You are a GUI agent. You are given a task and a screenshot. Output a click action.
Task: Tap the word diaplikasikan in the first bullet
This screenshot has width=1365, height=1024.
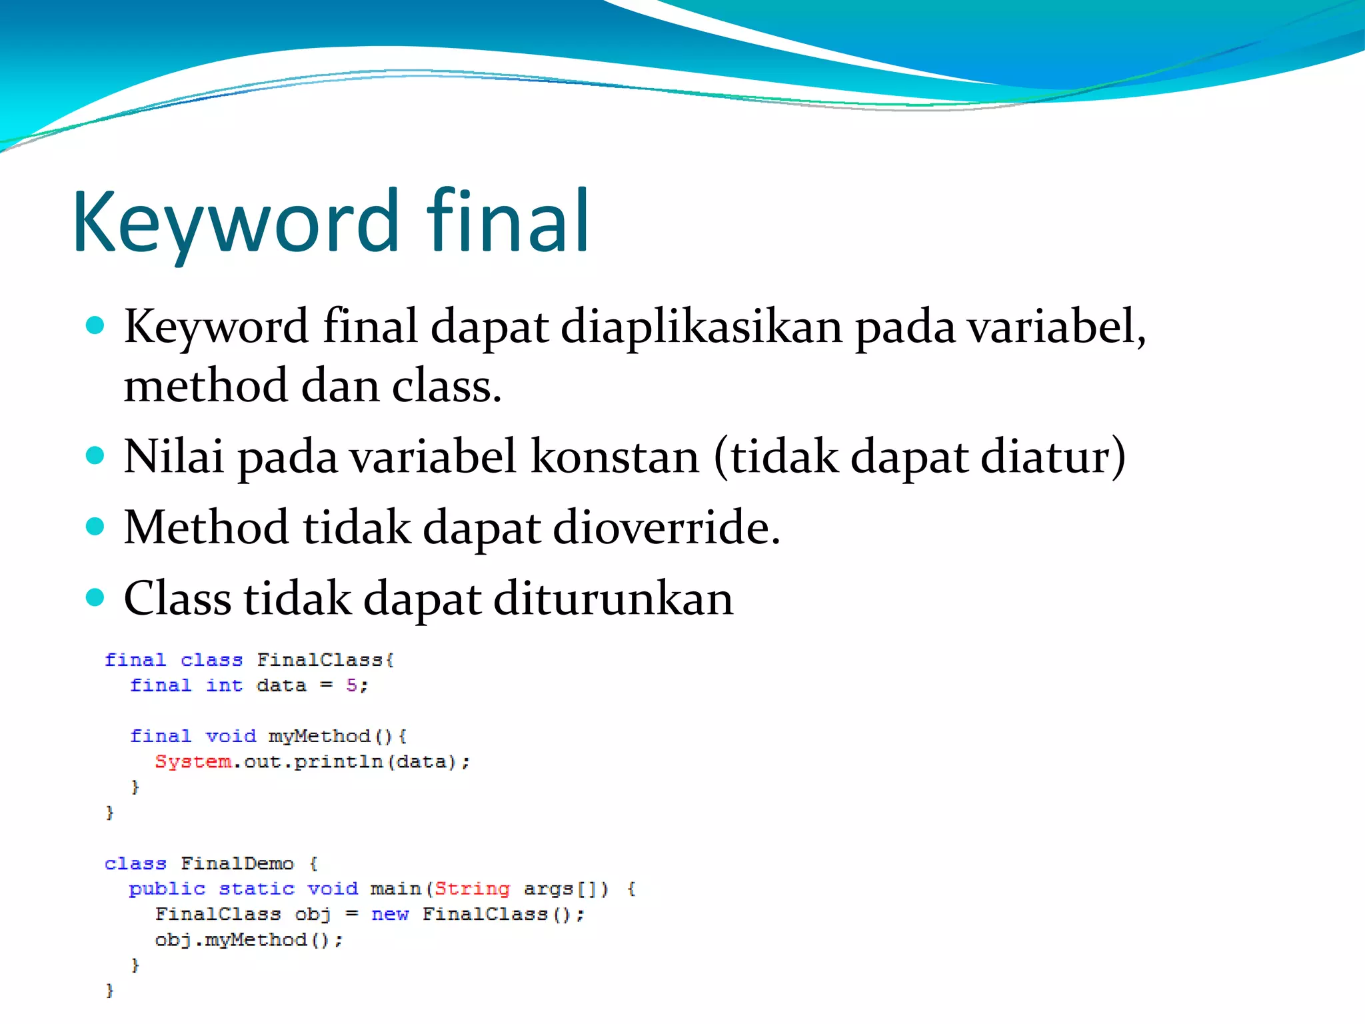701,327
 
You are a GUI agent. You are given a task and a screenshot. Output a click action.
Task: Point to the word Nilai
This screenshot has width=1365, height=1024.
174,457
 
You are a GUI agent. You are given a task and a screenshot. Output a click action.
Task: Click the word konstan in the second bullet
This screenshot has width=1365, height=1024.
615,457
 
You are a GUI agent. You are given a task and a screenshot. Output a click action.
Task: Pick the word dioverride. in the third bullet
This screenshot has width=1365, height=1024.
667,527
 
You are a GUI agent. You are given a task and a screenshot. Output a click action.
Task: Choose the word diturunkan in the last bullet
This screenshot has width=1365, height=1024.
613,598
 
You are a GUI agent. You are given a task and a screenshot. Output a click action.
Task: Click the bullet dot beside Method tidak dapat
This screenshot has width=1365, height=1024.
95,527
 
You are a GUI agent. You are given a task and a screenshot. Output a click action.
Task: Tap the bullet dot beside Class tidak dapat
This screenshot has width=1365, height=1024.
95,597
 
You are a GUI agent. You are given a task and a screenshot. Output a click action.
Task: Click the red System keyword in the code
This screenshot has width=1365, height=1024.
193,761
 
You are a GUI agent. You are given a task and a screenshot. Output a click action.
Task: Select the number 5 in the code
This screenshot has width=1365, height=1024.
352,685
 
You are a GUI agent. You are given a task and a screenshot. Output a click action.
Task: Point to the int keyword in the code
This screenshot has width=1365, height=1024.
224,685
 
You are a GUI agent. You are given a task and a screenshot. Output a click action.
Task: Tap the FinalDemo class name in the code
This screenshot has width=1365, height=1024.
237,863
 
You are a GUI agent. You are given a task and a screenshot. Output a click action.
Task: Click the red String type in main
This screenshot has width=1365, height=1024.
472,889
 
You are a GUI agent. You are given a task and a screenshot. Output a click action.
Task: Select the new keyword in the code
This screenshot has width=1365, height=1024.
390,914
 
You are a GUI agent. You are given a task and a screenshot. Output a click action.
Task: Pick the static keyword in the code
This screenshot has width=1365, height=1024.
257,889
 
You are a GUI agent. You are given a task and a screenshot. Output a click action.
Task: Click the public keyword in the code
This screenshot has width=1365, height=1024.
167,889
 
